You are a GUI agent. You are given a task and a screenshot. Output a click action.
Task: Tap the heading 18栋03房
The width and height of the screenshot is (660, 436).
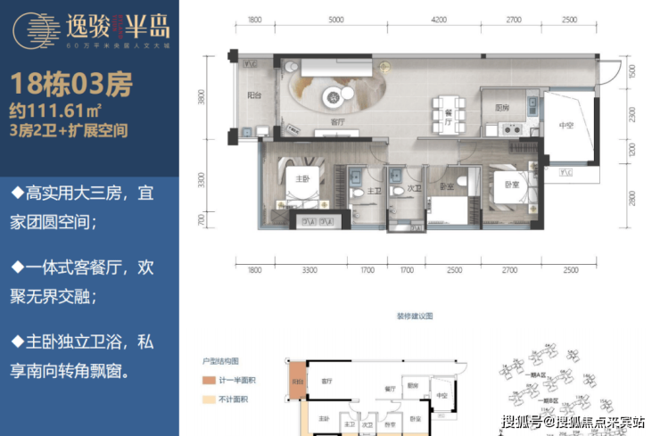[72, 86]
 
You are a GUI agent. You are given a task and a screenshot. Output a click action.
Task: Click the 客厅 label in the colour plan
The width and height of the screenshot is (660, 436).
[337, 121]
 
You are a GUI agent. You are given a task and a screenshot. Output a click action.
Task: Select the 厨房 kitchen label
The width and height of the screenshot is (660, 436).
[501, 108]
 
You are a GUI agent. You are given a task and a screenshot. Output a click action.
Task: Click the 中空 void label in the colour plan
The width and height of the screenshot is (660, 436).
[566, 126]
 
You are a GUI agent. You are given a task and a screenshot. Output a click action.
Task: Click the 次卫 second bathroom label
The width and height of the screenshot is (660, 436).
[414, 189]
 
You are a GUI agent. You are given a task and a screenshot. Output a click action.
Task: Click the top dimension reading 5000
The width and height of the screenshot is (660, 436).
[335, 20]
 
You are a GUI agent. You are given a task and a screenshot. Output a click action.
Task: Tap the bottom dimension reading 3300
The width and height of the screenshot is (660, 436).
[309, 269]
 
